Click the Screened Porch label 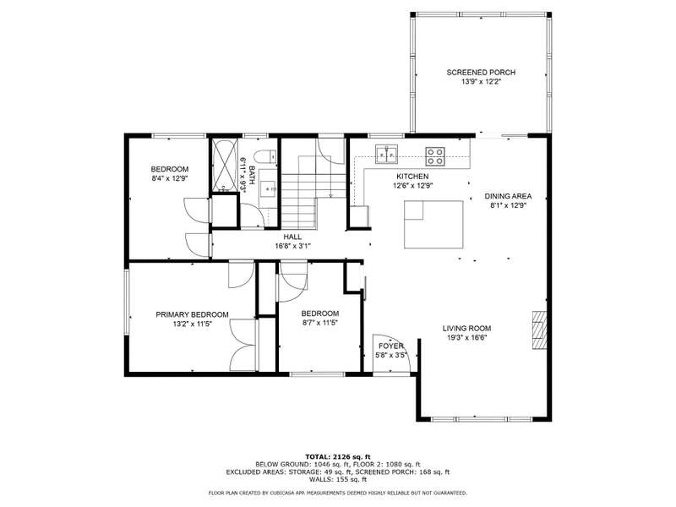481,73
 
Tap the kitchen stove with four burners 435,156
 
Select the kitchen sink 387,155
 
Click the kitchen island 433,225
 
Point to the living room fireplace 539,330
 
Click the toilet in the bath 265,156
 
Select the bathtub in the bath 224,165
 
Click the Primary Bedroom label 192,314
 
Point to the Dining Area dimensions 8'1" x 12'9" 509,205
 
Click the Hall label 292,237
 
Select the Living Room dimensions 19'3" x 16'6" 467,337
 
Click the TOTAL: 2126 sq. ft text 338,456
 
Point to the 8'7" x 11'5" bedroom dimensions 319,323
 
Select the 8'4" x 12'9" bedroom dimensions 170,178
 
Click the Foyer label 391,346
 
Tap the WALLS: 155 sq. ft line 338,479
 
